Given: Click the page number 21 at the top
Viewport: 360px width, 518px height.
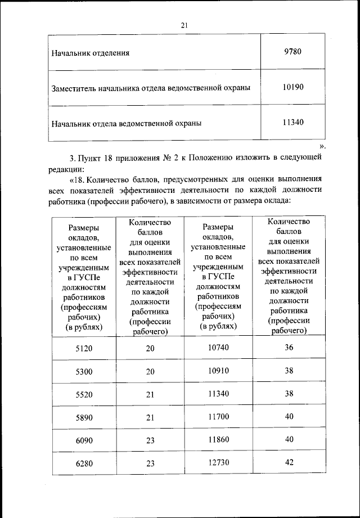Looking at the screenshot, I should pyautogui.click(x=184, y=25).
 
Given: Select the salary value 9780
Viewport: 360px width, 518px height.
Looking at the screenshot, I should pyautogui.click(x=293, y=52).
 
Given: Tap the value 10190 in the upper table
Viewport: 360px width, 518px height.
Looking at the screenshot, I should pyautogui.click(x=293, y=87).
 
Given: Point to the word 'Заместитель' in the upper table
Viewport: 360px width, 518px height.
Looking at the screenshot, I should pyautogui.click(x=73, y=88).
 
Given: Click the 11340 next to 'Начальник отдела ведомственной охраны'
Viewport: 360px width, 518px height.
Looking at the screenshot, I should pyautogui.click(x=293, y=121).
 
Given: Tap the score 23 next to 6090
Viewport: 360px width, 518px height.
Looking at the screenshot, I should pyautogui.click(x=150, y=440).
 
